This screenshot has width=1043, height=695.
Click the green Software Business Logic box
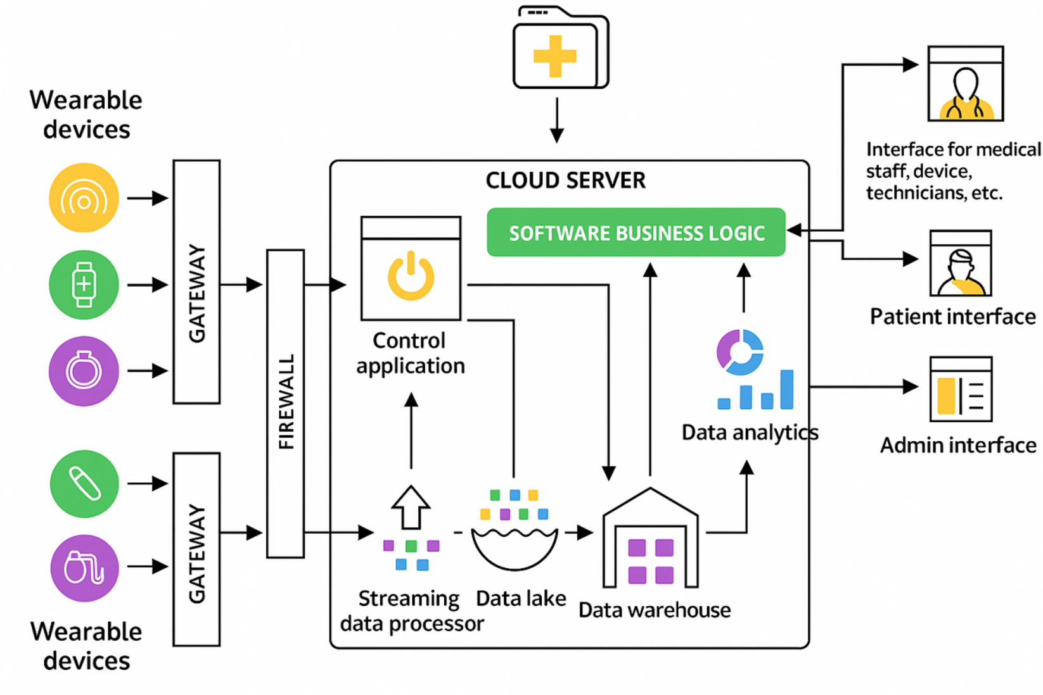tap(636, 232)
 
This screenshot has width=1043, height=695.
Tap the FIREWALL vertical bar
tap(285, 403)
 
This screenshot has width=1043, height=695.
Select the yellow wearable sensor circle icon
tap(84, 198)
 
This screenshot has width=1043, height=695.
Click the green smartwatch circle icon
tap(84, 285)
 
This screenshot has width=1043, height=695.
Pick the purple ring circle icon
tap(84, 371)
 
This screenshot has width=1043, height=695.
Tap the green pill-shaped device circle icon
tap(84, 484)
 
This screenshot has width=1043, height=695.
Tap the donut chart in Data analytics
tap(739, 352)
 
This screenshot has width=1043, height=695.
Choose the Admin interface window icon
tap(961, 389)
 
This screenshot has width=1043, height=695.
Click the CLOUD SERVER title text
tap(565, 180)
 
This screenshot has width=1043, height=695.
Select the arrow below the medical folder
tap(556, 120)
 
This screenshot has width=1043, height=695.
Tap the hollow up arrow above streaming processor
tap(411, 506)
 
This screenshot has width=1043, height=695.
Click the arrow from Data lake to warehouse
tap(579, 533)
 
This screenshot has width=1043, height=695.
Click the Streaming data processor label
tap(411, 611)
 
